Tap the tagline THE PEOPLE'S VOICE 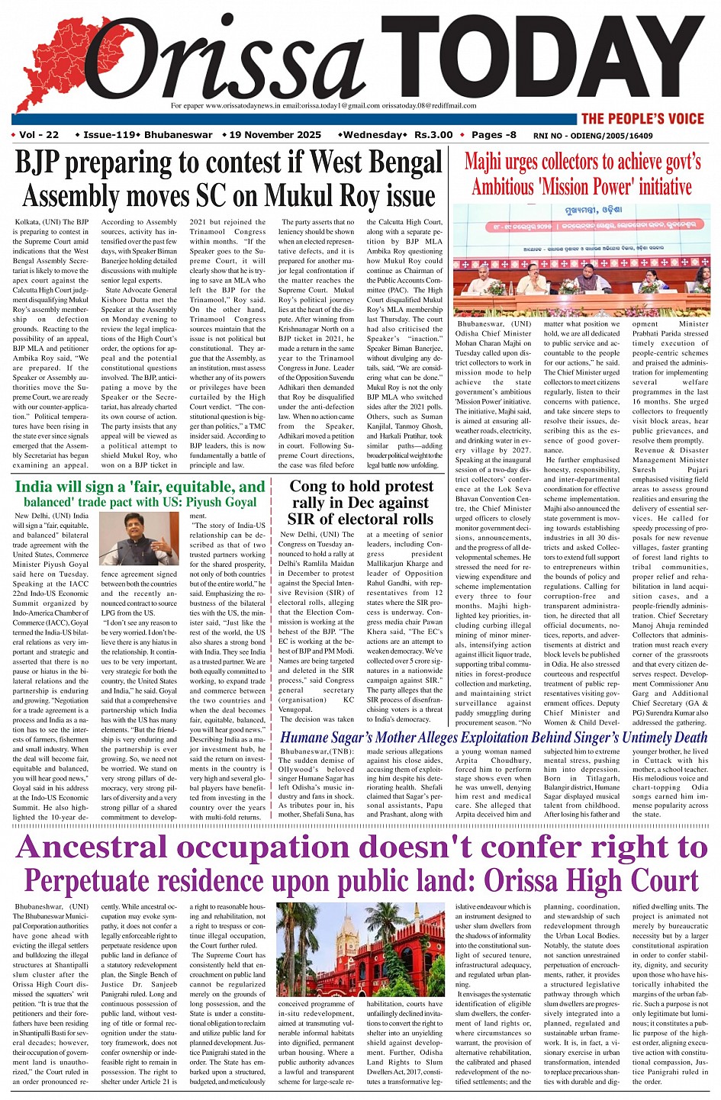(x=642, y=118)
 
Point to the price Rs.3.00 (x=433, y=135)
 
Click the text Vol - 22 (x=39, y=135)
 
